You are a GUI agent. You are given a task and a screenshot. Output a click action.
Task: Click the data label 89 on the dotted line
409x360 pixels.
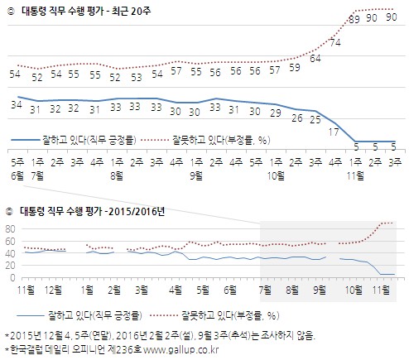pyautogui.click(x=354, y=18)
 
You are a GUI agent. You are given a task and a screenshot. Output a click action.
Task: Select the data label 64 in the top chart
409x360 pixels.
pyautogui.click(x=315, y=59)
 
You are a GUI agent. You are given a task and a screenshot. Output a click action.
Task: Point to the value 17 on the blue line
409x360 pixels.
pyautogui.click(x=335, y=132)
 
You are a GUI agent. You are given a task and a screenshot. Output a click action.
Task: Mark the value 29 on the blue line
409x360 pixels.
pyautogui.click(x=274, y=113)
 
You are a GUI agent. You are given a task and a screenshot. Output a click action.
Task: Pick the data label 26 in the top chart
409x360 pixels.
pyautogui.click(x=295, y=118)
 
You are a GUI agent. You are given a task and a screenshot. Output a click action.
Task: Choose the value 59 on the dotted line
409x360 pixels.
pyautogui.click(x=295, y=67)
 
